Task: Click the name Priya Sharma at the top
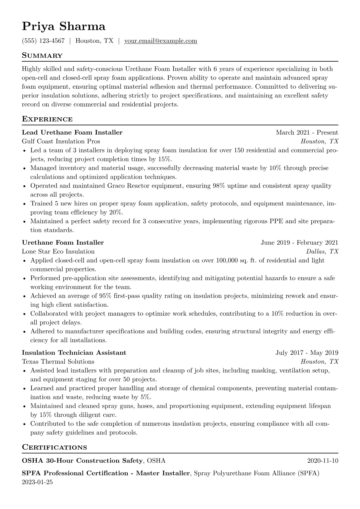click(64, 27)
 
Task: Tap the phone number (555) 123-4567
click(43, 41)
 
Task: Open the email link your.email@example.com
click(161, 41)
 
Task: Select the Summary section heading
click(42, 56)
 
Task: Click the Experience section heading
click(47, 119)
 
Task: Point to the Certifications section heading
click(54, 447)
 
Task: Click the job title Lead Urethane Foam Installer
click(72, 132)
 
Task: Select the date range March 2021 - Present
click(307, 132)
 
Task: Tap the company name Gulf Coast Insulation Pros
click(61, 141)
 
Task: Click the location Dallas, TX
click(322, 251)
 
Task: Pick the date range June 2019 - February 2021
click(299, 243)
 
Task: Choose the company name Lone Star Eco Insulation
click(58, 251)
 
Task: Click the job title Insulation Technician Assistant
click(74, 353)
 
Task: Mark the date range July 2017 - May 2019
click(307, 353)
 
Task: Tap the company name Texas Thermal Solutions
click(58, 361)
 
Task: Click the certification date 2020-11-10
click(322, 461)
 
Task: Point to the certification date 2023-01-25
click(37, 482)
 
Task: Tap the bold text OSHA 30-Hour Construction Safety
click(82, 461)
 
